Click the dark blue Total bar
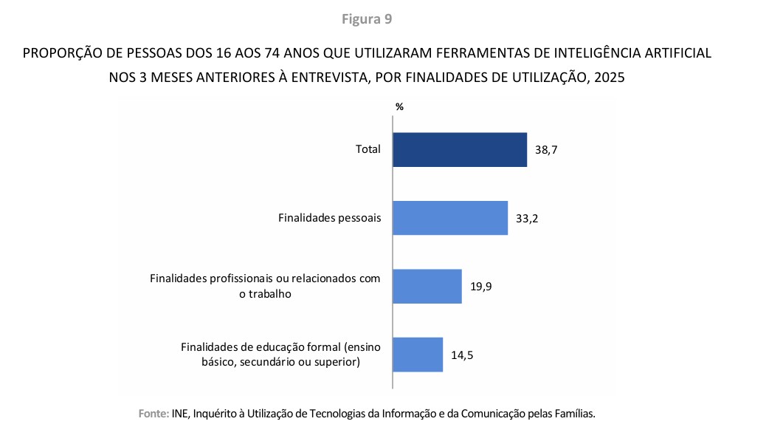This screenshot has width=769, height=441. point(459,149)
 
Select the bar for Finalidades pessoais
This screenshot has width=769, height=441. point(449,218)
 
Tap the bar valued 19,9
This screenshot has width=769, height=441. point(427,286)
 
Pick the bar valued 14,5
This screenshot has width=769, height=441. point(417,355)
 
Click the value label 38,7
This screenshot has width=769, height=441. point(546,150)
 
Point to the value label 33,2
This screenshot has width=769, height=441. point(527,219)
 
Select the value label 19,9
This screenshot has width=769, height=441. point(480,287)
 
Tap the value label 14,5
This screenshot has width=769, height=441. point(462,355)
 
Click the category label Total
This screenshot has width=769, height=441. point(368,149)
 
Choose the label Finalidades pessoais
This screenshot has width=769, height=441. point(330,218)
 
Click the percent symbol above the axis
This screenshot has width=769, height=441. point(399,106)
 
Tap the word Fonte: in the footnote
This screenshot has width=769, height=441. point(154,414)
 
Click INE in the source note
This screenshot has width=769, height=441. point(179,414)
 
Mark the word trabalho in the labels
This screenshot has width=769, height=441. point(270,293)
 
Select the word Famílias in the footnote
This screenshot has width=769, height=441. point(573,414)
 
